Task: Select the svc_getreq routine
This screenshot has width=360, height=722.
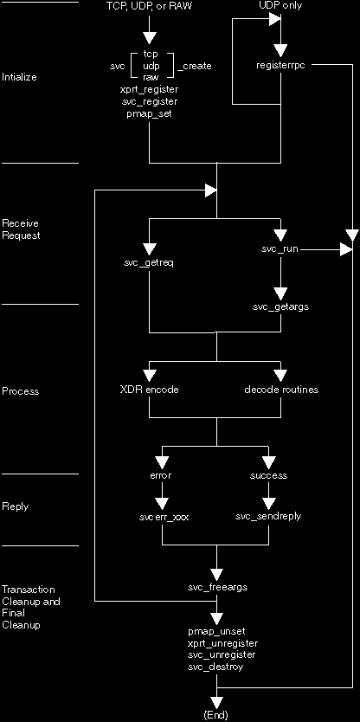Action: (x=149, y=263)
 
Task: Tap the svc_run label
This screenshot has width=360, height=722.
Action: (x=280, y=249)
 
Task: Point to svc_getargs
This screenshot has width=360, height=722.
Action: (x=281, y=306)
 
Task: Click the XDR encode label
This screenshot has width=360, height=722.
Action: (x=149, y=390)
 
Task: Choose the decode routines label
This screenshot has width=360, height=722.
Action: (x=281, y=390)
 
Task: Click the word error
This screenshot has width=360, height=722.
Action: (x=161, y=475)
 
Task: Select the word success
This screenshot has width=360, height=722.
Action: (x=269, y=475)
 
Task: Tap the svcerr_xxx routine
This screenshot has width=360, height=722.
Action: (x=164, y=517)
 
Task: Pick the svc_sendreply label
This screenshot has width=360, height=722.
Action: (x=268, y=516)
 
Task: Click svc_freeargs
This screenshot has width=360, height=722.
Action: (x=218, y=587)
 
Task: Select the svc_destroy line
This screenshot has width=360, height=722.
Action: (x=215, y=667)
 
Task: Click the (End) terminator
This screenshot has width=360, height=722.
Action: (x=215, y=714)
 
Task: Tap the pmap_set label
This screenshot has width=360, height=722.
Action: (x=149, y=113)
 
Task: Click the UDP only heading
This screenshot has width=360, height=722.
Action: (x=281, y=6)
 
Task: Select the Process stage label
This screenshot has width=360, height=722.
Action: (x=21, y=391)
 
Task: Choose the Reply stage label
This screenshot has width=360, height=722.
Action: (x=16, y=506)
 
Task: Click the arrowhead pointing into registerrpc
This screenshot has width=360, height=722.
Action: (x=280, y=49)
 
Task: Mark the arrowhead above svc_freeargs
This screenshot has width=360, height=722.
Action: (x=217, y=575)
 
